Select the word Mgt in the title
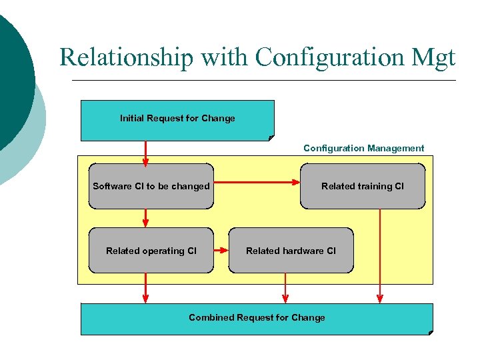429,57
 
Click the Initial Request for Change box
177,120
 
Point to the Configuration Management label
363,148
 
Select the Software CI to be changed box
151,186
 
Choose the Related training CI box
363,186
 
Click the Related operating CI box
151,251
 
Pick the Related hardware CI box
291,251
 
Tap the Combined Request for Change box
257,318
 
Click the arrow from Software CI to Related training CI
257,181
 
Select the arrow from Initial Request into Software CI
145,152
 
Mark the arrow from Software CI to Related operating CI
145,218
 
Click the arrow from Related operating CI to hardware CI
221,251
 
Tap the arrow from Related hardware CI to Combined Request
285,288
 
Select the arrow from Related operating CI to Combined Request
145,288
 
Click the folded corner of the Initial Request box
271,137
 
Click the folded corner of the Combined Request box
429,331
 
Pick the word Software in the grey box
112,186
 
